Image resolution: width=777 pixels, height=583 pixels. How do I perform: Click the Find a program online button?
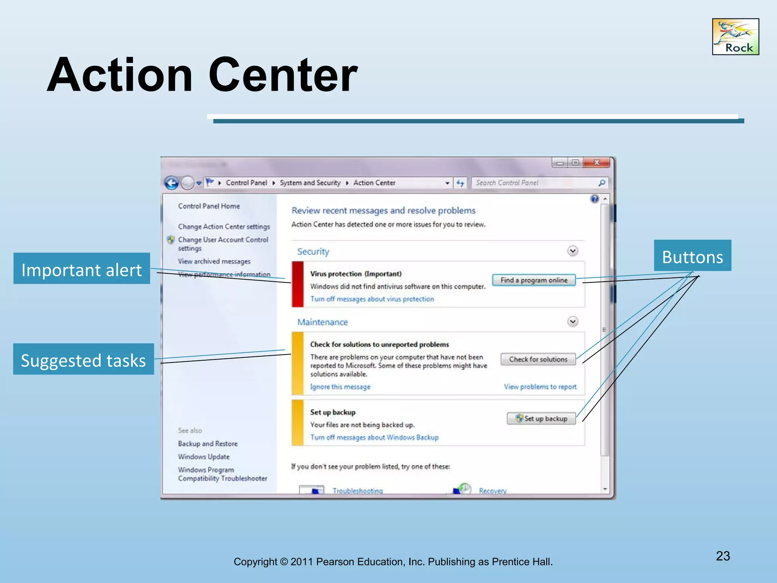[x=534, y=280]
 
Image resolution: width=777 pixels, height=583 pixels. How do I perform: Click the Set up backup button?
[x=541, y=418]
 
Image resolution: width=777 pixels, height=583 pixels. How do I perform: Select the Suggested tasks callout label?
[x=83, y=359]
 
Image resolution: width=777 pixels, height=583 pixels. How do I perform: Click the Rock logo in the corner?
[x=735, y=37]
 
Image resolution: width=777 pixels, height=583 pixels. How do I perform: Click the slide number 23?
[x=723, y=556]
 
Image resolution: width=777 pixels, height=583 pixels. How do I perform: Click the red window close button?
[x=596, y=162]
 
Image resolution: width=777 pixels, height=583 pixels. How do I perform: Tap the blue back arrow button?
[x=171, y=183]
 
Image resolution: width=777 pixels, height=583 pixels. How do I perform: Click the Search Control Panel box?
[x=535, y=183]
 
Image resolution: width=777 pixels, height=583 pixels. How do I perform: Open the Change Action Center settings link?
[x=224, y=227]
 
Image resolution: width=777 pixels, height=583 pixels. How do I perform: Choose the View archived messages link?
[x=214, y=262]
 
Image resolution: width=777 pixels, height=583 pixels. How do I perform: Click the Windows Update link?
[x=204, y=457]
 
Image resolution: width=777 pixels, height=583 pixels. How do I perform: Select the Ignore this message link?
[x=340, y=387]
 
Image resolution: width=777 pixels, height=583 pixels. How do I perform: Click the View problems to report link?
[x=540, y=387]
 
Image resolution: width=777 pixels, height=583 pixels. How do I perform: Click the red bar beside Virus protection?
[x=298, y=284]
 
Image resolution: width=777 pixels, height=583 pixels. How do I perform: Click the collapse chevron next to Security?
[x=573, y=251]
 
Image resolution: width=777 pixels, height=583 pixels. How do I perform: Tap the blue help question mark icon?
[x=595, y=199]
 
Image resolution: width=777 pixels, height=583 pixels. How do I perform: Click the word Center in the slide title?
[x=283, y=75]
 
